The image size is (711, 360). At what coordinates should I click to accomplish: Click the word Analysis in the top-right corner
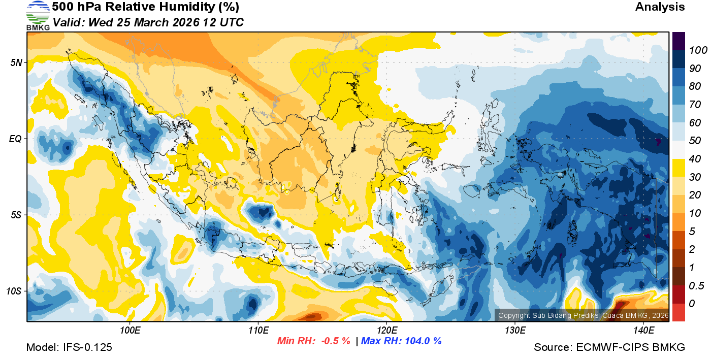(660, 7)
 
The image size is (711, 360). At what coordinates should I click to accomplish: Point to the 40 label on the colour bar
(695, 159)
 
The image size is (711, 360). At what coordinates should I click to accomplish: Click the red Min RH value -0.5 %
(335, 341)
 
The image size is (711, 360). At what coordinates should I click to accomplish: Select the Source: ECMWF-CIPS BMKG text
(609, 348)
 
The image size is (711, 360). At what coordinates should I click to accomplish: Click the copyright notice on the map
(583, 316)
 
